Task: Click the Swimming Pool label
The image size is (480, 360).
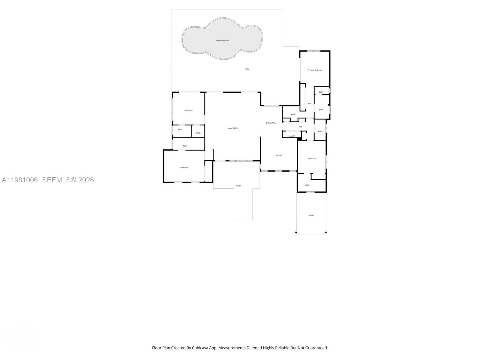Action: pyautogui.click(x=222, y=40)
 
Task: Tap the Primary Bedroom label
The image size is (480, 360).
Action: pyautogui.click(x=315, y=70)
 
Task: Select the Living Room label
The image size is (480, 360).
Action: pyautogui.click(x=232, y=128)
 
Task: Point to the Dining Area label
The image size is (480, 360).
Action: pyautogui.click(x=271, y=123)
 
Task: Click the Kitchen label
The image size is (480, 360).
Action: pyautogui.click(x=279, y=155)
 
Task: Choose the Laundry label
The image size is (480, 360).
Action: pyautogui.click(x=292, y=136)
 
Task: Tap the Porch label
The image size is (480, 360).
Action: pyautogui.click(x=238, y=186)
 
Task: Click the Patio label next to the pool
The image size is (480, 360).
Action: pyautogui.click(x=247, y=69)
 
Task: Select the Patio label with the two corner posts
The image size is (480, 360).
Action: pyautogui.click(x=311, y=215)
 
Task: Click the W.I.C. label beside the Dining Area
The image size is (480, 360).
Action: pyautogui.click(x=293, y=114)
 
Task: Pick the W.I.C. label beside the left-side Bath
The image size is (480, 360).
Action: pyautogui.click(x=198, y=133)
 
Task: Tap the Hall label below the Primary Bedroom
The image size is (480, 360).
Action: pyautogui.click(x=310, y=104)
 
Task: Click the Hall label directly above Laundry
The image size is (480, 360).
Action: pyautogui.click(x=300, y=127)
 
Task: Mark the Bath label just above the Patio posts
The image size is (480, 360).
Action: pyautogui.click(x=307, y=185)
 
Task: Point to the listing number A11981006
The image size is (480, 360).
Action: pyautogui.click(x=20, y=180)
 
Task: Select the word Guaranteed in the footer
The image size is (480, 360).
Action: pyautogui.click(x=316, y=348)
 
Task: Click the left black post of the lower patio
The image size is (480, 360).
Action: pyautogui.click(x=296, y=232)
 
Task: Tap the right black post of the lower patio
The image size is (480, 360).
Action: pyautogui.click(x=325, y=232)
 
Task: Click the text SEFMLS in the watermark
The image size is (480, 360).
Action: pyautogui.click(x=56, y=180)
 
